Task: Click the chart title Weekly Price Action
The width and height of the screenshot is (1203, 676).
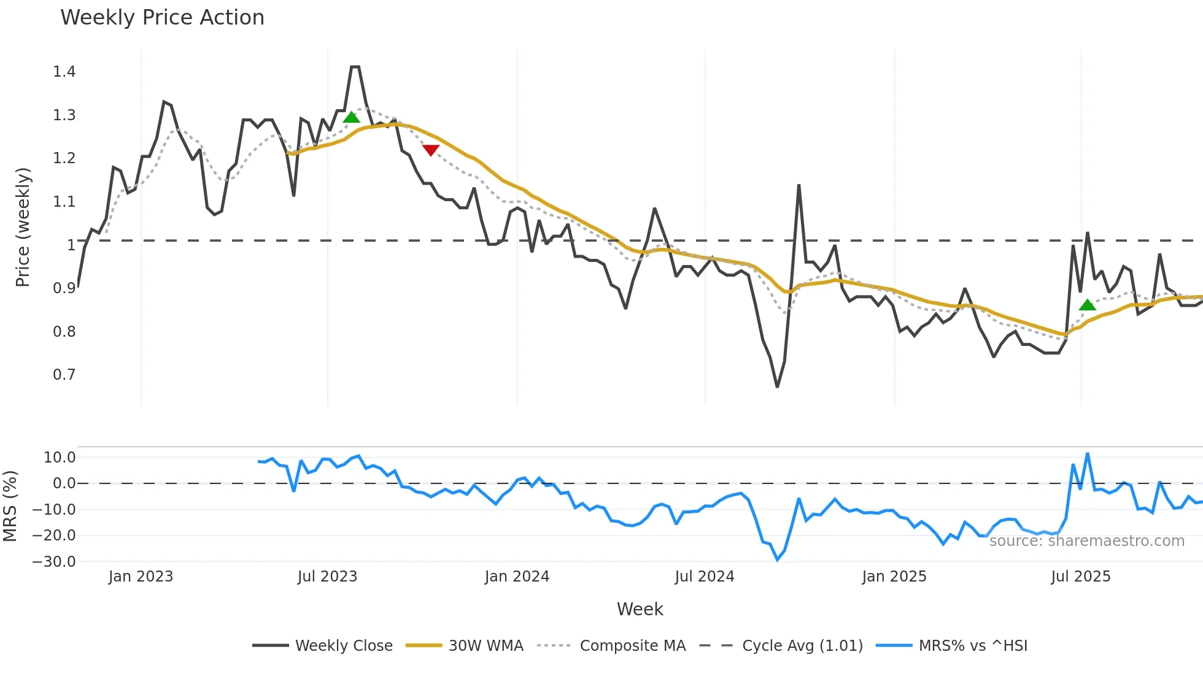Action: (162, 18)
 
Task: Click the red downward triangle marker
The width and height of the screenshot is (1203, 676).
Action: (431, 150)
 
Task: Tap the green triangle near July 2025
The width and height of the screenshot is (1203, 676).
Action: (1087, 305)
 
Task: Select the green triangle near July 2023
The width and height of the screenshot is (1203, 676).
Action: (351, 117)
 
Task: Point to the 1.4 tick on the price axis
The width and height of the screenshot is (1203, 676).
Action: (64, 72)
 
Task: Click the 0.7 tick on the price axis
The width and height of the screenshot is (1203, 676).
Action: (64, 375)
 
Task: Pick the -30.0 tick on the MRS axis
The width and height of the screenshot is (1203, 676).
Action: (54, 562)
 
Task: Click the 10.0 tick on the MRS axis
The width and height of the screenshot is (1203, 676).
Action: (59, 458)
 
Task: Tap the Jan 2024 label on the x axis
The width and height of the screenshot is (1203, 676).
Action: (517, 577)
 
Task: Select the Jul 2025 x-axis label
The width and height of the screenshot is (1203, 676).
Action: (1080, 577)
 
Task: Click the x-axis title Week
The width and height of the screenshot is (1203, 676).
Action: (640, 609)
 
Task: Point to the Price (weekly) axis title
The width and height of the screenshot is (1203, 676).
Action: (23, 227)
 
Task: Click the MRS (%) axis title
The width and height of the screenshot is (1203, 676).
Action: (10, 506)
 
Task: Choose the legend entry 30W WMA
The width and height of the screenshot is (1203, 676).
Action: (485, 646)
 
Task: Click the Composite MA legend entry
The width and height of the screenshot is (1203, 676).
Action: (632, 646)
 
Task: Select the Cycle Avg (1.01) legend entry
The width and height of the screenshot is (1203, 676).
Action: (802, 646)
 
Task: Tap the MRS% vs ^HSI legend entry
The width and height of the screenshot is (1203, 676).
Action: (973, 646)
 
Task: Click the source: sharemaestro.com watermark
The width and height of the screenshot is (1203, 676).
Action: (1086, 541)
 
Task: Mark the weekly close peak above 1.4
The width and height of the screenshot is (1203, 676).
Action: (355, 67)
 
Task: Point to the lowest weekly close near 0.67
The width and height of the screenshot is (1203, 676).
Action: (777, 386)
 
